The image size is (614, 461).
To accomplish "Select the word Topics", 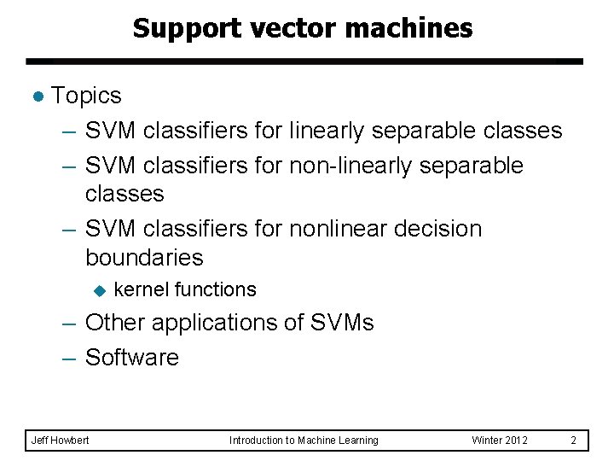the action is pos(86,96).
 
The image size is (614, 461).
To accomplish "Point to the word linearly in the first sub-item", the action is pos(327,131).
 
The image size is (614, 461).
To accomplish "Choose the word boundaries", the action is pos(144,258).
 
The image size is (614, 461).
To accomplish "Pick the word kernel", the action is pos(140,290).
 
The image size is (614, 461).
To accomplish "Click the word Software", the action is pos(132,358).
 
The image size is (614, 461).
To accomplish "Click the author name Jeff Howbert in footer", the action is pos(60,441).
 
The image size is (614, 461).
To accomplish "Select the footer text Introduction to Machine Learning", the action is pos(304,441).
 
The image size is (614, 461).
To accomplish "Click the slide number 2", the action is pos(574,441).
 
